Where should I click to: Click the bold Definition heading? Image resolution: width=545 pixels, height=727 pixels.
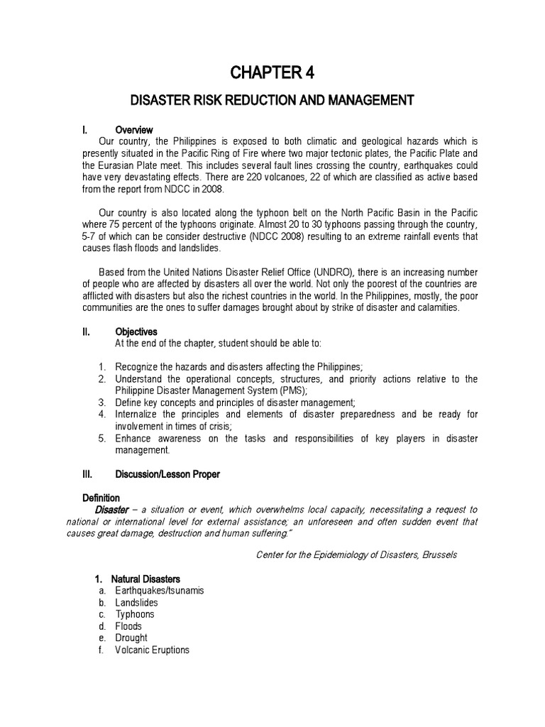click(x=101, y=498)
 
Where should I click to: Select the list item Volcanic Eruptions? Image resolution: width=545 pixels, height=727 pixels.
click(x=152, y=650)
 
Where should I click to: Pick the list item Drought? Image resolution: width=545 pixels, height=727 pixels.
click(x=131, y=638)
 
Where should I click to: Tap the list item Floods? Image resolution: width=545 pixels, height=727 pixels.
click(x=128, y=626)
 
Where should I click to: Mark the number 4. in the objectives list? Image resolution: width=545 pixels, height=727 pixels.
click(x=102, y=414)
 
